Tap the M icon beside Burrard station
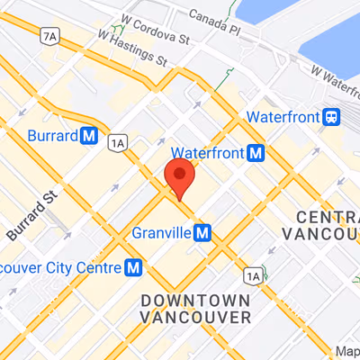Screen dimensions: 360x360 (x=88, y=136)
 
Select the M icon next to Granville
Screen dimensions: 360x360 (x=203, y=233)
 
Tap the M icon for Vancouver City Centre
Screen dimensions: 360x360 (x=134, y=267)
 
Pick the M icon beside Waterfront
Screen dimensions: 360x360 (x=256, y=152)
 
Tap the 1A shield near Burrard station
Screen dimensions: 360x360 (x=116, y=142)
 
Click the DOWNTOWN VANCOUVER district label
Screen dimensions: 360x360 (x=195, y=308)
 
